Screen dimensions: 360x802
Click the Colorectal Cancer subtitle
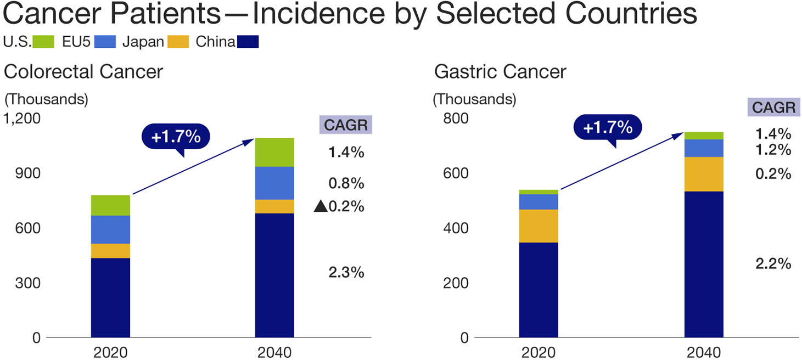coord(83,72)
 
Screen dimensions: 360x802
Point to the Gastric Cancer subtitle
coord(500,72)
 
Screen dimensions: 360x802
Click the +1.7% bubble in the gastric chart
coord(608,128)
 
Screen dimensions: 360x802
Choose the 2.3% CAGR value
coord(346,272)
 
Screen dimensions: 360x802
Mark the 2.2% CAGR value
coord(773,263)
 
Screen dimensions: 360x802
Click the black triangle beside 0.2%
coord(321,207)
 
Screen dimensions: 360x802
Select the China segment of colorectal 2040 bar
coord(274,274)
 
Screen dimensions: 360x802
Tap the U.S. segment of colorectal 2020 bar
coord(110,205)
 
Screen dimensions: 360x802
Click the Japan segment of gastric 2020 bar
coord(539,226)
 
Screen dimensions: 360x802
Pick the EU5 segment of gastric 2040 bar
coord(703,148)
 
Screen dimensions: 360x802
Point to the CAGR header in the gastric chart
coord(773,108)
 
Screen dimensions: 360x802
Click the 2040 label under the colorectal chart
coord(274,352)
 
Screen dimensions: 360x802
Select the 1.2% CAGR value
coord(773,150)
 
